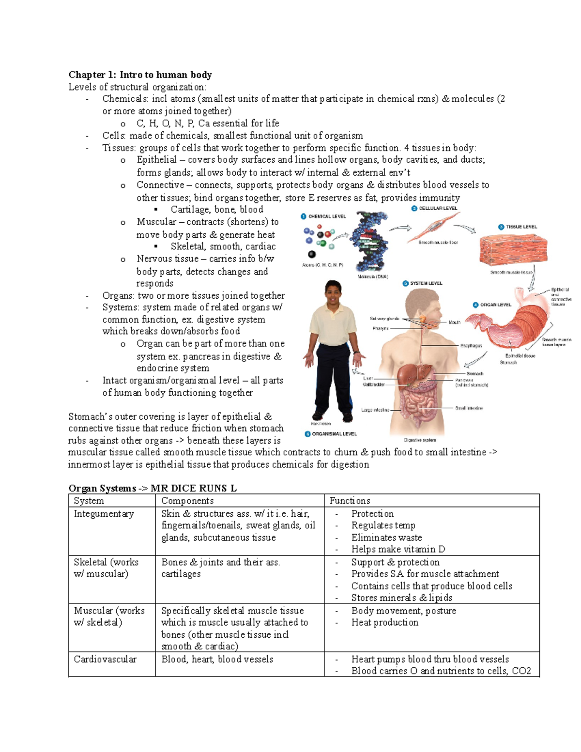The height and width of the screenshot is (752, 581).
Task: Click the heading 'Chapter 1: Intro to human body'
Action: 140,75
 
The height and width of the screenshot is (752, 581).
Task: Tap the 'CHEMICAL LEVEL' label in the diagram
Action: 327,216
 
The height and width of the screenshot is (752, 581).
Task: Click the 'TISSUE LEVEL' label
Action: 521,227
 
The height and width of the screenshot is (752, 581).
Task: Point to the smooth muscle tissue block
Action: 512,250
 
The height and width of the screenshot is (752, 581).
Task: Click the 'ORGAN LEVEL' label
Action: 495,305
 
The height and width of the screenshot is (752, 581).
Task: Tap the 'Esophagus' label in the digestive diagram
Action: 471,346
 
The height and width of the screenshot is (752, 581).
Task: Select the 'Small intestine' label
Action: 469,408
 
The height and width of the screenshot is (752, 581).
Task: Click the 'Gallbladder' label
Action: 373,384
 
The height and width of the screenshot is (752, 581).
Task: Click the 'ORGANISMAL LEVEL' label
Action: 334,434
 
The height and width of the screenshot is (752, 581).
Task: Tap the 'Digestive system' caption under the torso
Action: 420,440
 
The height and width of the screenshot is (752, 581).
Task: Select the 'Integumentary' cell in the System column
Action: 104,514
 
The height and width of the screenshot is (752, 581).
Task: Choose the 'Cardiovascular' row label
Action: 105,659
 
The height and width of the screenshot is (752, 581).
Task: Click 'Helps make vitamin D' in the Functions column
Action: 398,549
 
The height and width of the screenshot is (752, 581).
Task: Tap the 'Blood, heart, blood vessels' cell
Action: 217,659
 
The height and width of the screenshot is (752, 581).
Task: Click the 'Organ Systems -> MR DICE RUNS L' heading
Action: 153,488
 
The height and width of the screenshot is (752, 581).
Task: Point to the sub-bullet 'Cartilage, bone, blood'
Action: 217,210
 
